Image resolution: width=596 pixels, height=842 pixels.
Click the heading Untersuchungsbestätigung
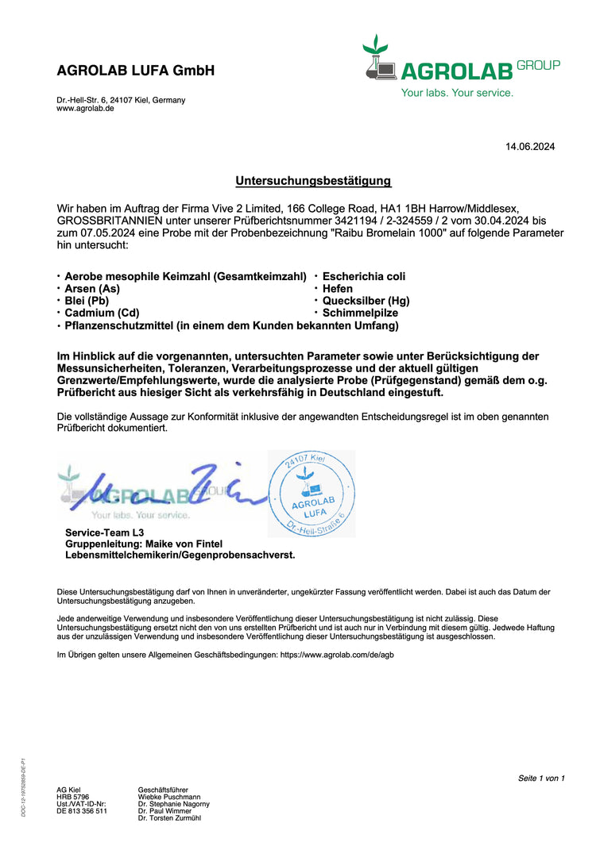pyautogui.click(x=313, y=181)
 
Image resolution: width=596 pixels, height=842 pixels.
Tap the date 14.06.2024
pyautogui.click(x=530, y=146)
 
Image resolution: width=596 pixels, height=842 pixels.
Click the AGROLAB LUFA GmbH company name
pyautogui.click(x=136, y=71)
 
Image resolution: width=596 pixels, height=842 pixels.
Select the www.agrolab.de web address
pyautogui.click(x=85, y=109)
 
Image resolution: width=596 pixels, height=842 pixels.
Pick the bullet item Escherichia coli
pyautogui.click(x=364, y=276)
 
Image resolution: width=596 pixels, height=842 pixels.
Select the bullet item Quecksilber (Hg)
pyautogui.click(x=366, y=301)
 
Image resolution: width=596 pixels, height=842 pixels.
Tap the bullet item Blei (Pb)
pyautogui.click(x=87, y=301)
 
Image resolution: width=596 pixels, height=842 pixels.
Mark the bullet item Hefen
pyautogui.click(x=338, y=289)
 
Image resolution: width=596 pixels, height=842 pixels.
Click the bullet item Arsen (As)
pyautogui.click(x=92, y=289)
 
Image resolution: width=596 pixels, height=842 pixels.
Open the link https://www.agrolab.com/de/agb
pyautogui.click(x=337, y=655)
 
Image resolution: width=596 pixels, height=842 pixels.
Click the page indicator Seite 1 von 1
pyautogui.click(x=541, y=778)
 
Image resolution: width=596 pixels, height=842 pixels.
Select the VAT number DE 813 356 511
pyautogui.click(x=82, y=811)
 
